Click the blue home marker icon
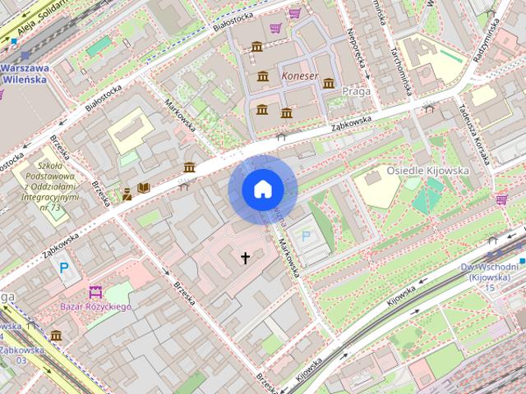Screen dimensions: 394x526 262,190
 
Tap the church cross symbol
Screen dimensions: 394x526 244,259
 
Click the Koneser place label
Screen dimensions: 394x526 299,76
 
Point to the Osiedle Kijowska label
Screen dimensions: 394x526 427,171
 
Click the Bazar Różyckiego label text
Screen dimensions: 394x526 97,307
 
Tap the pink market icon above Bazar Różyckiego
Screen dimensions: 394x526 95,291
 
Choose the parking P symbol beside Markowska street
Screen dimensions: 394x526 307,236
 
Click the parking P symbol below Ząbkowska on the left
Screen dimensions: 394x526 64,268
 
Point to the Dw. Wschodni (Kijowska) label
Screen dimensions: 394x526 490,273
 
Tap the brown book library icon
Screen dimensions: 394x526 144,188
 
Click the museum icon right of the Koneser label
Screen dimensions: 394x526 329,83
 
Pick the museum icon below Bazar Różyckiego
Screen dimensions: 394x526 56,335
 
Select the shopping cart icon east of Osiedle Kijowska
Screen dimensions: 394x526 501,199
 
